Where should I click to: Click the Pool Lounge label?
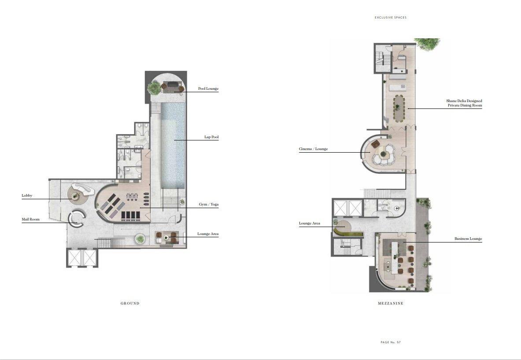point(208,88)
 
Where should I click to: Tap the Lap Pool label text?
point(211,137)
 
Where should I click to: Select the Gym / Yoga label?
point(209,204)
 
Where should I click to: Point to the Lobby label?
point(27,195)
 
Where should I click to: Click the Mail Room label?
point(30,219)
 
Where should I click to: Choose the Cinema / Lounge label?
point(313,149)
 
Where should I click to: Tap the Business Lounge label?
point(468,239)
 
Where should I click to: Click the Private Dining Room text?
point(465,105)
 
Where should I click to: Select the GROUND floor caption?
point(130,303)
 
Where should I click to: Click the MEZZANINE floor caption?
point(391,303)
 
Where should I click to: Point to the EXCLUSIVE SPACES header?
point(391,18)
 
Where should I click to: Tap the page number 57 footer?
point(391,342)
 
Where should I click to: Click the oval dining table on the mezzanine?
point(399,108)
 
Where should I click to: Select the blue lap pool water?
point(173,146)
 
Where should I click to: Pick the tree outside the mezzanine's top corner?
point(427,44)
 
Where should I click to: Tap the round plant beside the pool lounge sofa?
point(154,88)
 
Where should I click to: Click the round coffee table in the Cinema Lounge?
point(384,154)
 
